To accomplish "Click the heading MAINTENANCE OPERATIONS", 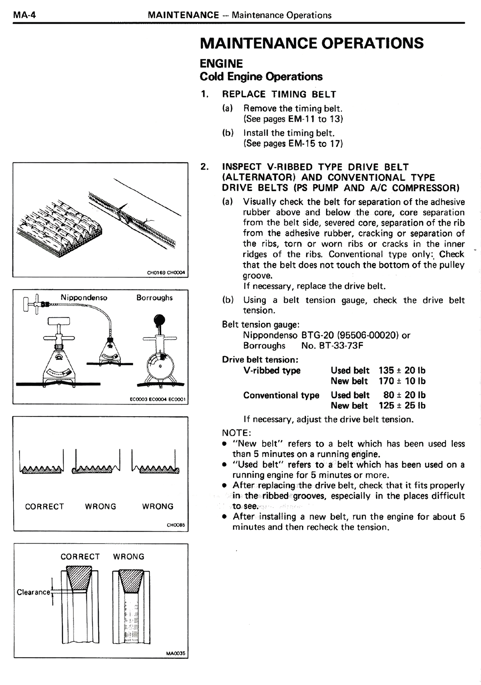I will [x=312, y=43].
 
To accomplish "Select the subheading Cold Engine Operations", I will [x=261, y=77].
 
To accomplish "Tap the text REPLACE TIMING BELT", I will [x=279, y=94].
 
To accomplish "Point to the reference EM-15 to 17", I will [x=315, y=143].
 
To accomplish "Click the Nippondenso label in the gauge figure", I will [x=84, y=298].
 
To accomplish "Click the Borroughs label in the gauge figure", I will [x=154, y=298].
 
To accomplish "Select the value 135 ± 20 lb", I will [x=402, y=371].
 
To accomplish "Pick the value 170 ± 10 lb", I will [x=402, y=381].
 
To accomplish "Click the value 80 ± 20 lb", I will [x=404, y=395].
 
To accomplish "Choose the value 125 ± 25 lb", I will [x=402, y=406].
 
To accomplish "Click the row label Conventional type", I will [x=281, y=395].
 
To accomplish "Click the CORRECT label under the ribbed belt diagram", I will [x=44, y=506].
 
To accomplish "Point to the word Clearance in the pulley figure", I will [x=33, y=592].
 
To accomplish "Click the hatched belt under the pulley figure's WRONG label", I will [x=131, y=580].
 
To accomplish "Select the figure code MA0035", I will [x=175, y=653].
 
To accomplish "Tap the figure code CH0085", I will [x=176, y=526].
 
